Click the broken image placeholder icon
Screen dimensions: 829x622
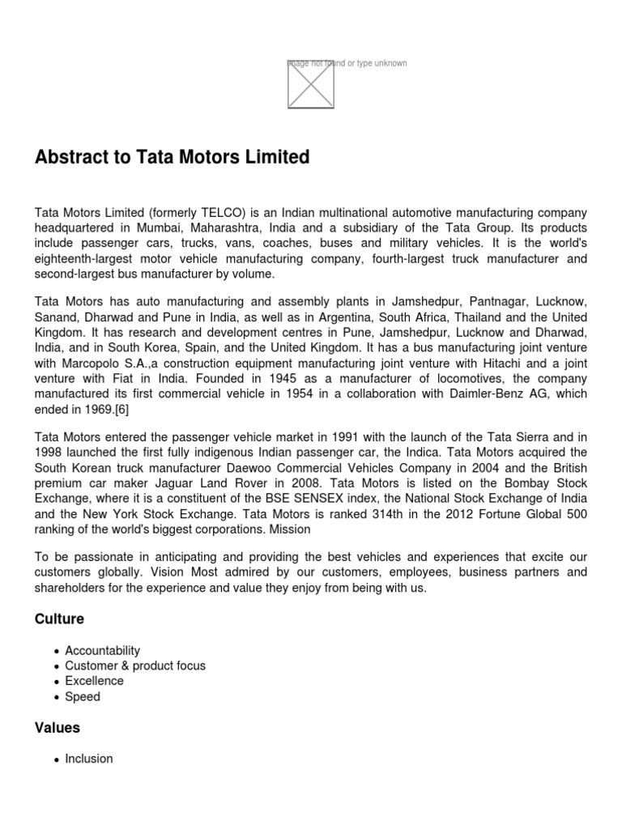click(x=311, y=84)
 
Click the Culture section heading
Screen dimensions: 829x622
click(x=59, y=619)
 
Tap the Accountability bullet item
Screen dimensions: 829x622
click(x=103, y=650)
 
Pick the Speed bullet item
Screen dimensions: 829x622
click(x=83, y=696)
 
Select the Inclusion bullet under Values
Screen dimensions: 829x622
click(x=89, y=759)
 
